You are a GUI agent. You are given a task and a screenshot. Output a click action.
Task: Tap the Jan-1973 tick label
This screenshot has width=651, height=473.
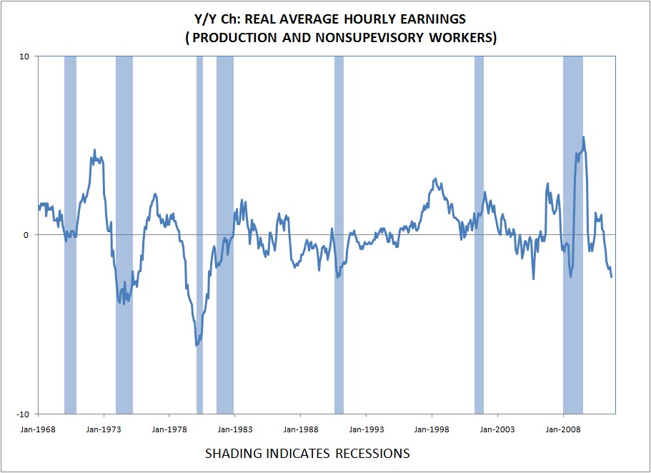pyautogui.click(x=104, y=430)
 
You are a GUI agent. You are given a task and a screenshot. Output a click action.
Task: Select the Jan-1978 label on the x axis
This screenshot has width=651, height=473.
pyautogui.click(x=169, y=430)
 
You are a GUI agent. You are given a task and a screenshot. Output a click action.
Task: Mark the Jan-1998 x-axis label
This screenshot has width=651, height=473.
pyautogui.click(x=432, y=430)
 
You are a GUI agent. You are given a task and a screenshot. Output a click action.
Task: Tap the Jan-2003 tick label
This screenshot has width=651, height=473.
pyautogui.click(x=497, y=430)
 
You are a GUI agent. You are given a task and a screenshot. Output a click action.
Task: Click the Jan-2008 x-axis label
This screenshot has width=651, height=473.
pyautogui.click(x=563, y=430)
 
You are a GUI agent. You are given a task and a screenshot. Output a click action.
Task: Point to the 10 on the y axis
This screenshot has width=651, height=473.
pyautogui.click(x=24, y=56)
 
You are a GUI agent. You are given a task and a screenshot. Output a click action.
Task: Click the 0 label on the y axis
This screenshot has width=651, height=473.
pyautogui.click(x=26, y=235)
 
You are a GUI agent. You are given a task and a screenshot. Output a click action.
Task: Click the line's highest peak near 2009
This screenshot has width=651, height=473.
pyautogui.click(x=584, y=137)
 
